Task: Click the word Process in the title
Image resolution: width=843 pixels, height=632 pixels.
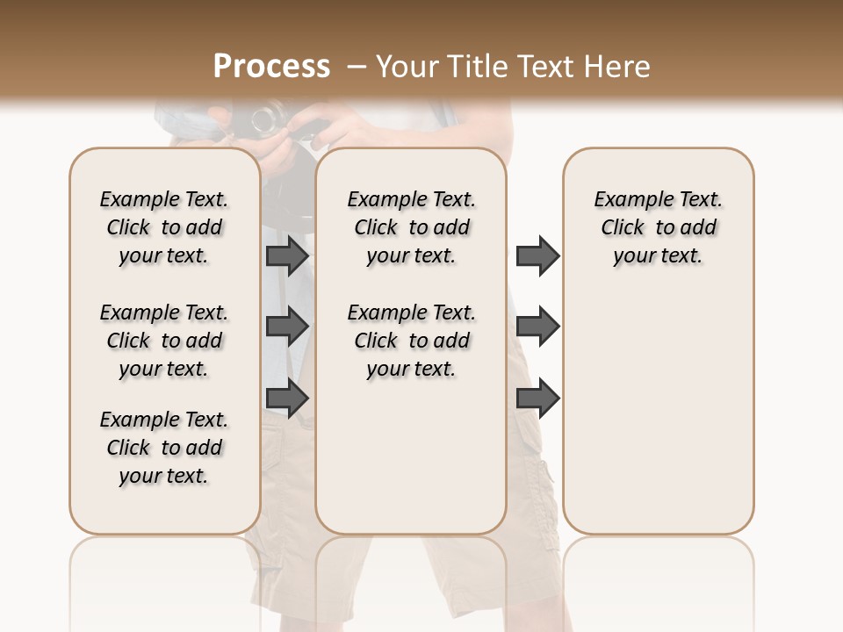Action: point(271,67)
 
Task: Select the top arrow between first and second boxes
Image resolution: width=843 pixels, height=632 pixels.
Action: point(287,255)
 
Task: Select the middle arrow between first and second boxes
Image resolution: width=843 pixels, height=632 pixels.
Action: point(287,327)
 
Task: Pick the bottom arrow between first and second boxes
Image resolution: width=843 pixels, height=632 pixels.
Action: point(287,399)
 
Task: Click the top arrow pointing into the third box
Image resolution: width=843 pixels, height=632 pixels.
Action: point(537,255)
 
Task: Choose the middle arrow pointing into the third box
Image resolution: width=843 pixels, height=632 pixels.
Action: point(537,327)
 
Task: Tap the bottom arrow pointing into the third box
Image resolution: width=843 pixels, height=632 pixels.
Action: point(537,399)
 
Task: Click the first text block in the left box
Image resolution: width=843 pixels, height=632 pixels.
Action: point(164,227)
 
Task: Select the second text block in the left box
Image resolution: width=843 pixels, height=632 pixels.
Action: point(164,341)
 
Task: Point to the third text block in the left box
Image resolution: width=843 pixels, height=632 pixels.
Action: point(164,448)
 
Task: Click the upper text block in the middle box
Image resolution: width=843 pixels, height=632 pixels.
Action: point(411,227)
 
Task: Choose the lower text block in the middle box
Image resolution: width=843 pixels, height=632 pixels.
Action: point(411,341)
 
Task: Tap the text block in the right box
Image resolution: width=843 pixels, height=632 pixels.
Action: point(658,227)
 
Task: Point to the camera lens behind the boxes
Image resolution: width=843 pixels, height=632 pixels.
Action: point(267,118)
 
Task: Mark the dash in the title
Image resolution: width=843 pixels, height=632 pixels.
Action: point(357,67)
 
